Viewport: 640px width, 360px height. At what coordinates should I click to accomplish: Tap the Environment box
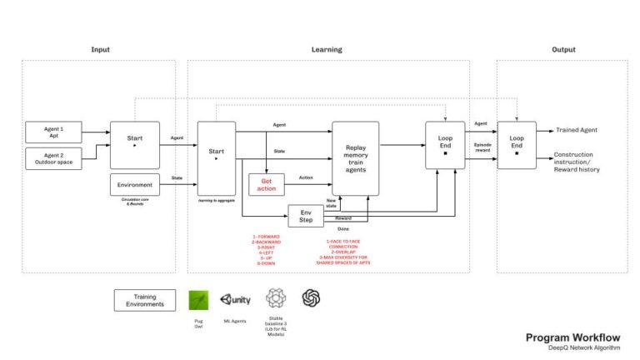coord(134,185)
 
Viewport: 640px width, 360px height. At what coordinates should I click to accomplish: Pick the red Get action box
coord(267,184)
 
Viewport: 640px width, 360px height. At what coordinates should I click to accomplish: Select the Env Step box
coord(305,215)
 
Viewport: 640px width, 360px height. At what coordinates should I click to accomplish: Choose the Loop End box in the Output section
coord(517,145)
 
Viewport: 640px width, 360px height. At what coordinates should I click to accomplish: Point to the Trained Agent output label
coord(576,130)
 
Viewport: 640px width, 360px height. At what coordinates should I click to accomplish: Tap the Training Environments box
coord(145,300)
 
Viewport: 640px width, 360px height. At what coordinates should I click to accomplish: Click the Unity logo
coord(235,299)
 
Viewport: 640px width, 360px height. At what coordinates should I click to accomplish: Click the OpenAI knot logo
coord(312,298)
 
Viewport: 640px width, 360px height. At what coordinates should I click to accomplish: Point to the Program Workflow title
coord(572,337)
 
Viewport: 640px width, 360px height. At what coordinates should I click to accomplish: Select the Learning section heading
coord(326,50)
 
